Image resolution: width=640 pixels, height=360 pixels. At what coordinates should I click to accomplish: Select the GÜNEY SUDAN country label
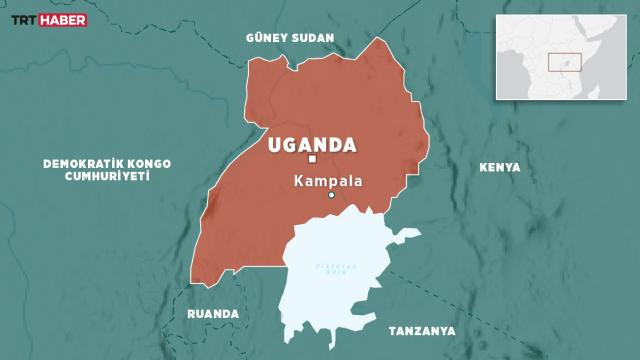[288, 38]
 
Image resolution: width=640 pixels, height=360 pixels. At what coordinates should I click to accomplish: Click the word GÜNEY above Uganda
[267, 38]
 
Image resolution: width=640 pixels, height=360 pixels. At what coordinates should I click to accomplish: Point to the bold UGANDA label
[312, 144]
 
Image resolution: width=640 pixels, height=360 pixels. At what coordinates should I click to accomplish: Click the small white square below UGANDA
[312, 159]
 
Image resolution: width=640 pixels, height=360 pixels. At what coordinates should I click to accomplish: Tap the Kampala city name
[328, 182]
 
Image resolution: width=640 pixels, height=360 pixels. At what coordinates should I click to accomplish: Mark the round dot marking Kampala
[332, 195]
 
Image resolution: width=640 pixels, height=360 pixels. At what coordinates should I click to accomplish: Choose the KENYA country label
[500, 168]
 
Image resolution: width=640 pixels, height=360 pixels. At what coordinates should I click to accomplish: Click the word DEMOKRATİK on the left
[77, 162]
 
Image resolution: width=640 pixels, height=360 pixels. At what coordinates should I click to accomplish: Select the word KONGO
[149, 162]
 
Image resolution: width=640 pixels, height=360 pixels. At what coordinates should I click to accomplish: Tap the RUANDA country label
[213, 314]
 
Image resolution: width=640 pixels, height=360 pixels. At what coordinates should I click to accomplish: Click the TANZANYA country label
[421, 331]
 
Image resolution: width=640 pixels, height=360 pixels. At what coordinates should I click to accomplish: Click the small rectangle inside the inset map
[564, 61]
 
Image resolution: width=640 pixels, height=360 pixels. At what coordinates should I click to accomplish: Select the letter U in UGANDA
[276, 144]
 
